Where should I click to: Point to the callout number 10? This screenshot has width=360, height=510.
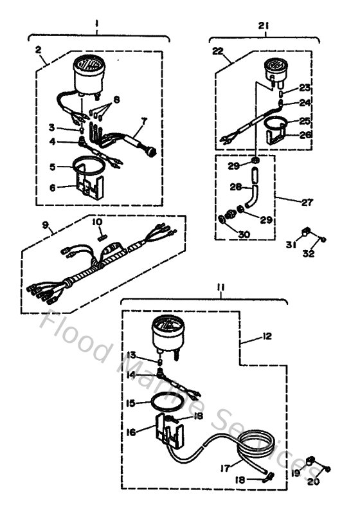97,222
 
